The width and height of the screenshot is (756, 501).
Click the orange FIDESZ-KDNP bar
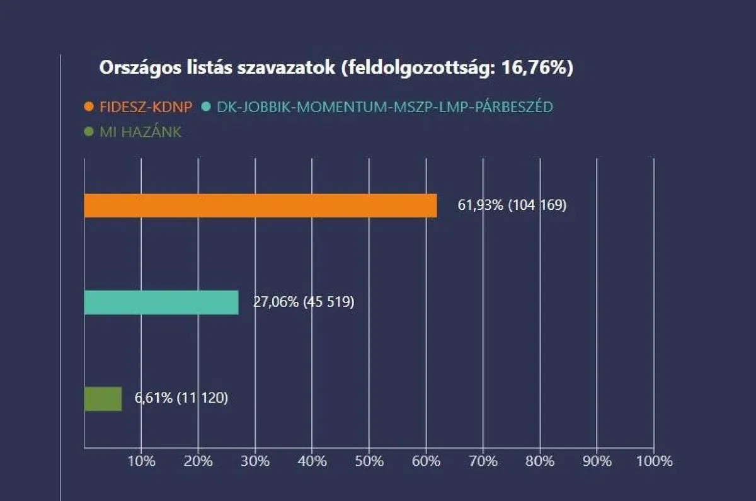[260, 205]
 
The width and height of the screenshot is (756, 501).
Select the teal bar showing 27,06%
[161, 302]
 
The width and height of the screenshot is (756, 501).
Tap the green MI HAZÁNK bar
[103, 399]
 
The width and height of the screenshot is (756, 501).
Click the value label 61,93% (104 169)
[512, 205]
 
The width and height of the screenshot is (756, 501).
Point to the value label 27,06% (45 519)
[304, 302]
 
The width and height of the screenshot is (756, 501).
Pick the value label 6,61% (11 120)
[181, 399]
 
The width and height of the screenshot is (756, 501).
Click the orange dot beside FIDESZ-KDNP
[89, 107]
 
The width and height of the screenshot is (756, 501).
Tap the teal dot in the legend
[205, 107]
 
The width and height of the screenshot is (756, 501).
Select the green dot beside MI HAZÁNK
[89, 133]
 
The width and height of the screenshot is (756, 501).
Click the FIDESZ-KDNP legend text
[146, 107]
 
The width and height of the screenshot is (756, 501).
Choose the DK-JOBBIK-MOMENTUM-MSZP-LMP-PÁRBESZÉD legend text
[384, 107]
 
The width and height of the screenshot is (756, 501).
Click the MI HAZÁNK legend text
[140, 133]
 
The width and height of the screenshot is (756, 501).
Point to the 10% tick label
[141, 461]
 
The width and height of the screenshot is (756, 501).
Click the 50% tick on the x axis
[369, 461]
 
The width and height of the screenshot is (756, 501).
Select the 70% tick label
[483, 461]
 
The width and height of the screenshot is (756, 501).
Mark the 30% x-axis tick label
[255, 461]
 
